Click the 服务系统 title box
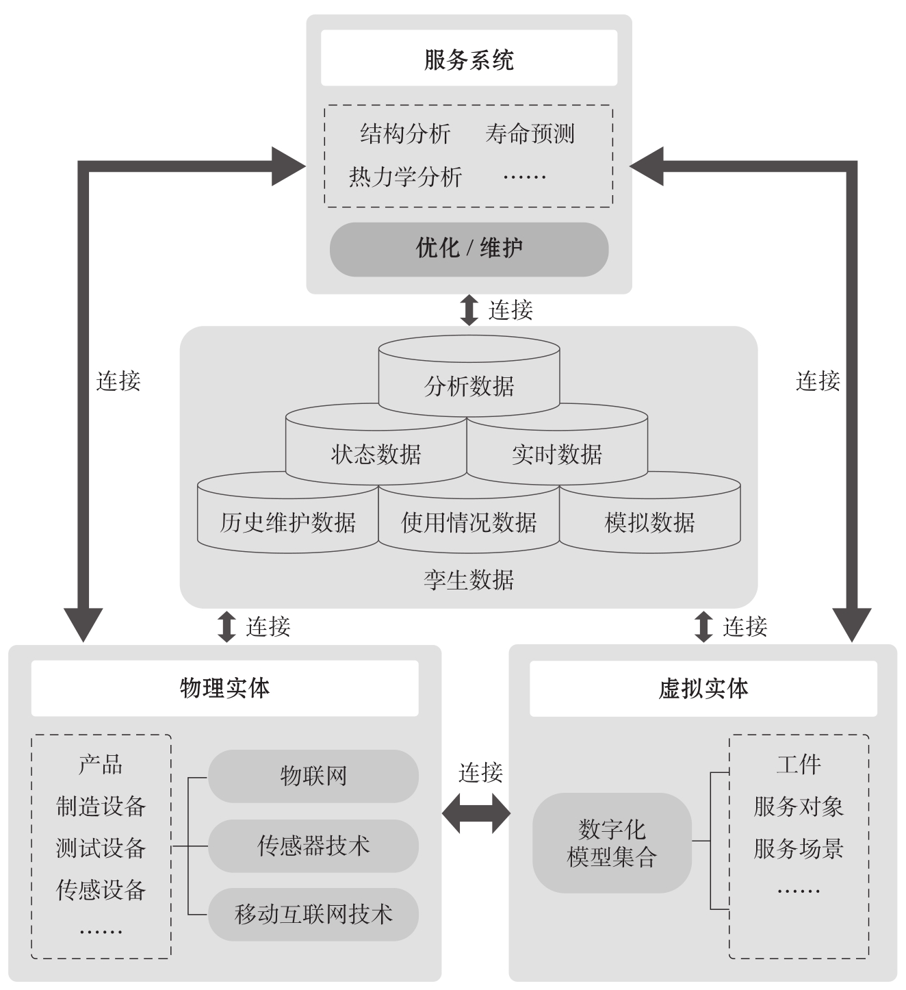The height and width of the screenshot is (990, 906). coord(469,59)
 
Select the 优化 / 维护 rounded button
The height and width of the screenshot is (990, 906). coord(469,249)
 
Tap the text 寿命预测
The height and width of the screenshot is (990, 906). coord(530,134)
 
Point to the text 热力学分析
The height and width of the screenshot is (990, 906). coord(405,177)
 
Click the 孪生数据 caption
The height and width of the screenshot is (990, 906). coord(469,580)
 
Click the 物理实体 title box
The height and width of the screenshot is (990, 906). coord(224,688)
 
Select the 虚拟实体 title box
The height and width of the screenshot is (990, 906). coord(703,688)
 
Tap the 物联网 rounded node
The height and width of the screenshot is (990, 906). coord(313,776)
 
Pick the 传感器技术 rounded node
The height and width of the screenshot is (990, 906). coord(313,846)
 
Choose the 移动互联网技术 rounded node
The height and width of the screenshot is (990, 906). coord(313,914)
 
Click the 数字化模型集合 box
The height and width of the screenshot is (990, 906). coord(612,843)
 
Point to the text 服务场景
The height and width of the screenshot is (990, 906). coord(798,848)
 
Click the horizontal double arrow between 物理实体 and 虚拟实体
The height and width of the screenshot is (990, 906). coord(476,814)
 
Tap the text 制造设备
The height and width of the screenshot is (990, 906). coord(101,806)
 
